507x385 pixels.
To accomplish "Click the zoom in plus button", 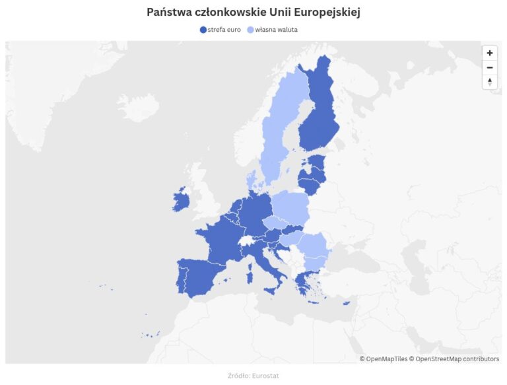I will [x=489, y=53].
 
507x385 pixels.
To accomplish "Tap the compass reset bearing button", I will [x=489, y=82].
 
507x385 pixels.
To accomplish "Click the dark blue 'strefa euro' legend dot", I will [x=203, y=30].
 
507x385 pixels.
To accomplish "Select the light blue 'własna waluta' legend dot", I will [x=250, y=30].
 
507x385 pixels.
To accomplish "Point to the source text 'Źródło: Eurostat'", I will [x=253, y=376].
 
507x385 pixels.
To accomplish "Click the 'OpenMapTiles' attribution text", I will [x=386, y=359].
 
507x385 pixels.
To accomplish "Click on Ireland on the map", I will [x=182, y=199].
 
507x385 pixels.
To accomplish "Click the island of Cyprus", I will [x=346, y=303].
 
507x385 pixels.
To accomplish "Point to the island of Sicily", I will [x=271, y=291].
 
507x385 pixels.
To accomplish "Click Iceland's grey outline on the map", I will [x=138, y=106].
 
